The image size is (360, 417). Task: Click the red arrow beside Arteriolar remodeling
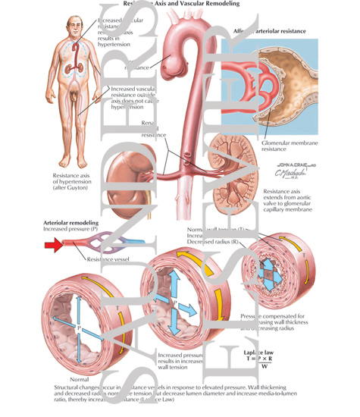55,244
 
